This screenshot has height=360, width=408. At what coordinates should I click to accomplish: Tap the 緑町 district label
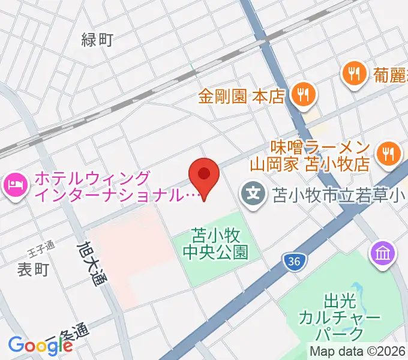pos(97,40)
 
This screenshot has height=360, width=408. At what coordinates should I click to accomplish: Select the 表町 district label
pos(32,269)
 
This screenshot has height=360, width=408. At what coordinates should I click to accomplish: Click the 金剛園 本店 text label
pos(242,96)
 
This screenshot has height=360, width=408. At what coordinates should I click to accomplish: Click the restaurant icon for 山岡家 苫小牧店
pos(388,154)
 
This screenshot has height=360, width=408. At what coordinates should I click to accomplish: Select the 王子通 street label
pos(41,245)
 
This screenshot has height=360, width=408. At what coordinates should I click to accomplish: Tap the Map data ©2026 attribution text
pos(358,352)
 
